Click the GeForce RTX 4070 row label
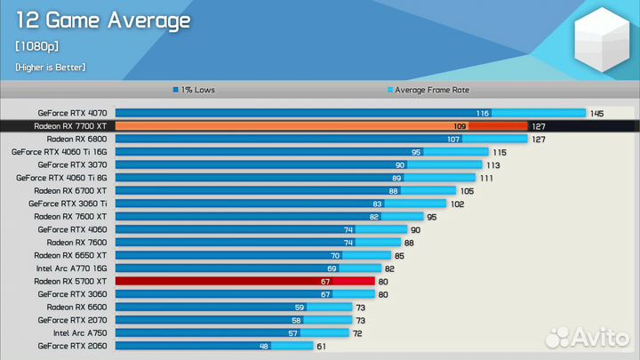tap(72, 113)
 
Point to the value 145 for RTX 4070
tap(596, 113)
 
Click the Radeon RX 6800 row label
tap(76, 139)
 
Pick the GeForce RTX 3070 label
tap(72, 164)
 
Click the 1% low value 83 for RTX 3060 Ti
tap(377, 204)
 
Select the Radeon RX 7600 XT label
tap(70, 216)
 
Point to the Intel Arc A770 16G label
tap(71, 268)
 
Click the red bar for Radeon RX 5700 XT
tap(244, 281)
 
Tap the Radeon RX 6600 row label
tap(76, 307)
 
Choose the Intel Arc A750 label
tap(80, 332)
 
